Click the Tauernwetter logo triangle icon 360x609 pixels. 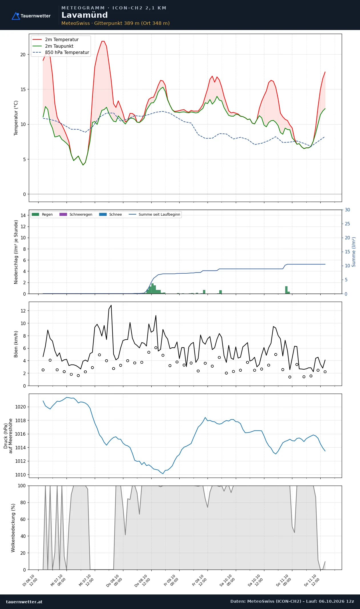16,16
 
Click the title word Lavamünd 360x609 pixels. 85,15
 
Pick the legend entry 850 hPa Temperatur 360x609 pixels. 61,53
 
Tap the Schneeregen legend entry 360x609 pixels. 76,215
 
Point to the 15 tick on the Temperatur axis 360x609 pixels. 23,89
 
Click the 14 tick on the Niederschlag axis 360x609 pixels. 23,215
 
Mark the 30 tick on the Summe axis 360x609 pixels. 347,210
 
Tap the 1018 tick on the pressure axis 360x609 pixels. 20,420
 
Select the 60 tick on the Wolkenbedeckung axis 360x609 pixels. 23,519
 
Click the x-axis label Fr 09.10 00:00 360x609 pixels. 172,580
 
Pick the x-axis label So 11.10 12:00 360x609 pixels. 312,580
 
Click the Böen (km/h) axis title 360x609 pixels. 16,344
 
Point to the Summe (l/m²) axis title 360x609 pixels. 354,252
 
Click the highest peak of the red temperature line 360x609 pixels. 103,41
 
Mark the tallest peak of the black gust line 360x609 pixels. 111,305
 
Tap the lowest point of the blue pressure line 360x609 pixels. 163,474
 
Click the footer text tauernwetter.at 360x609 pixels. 24,602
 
